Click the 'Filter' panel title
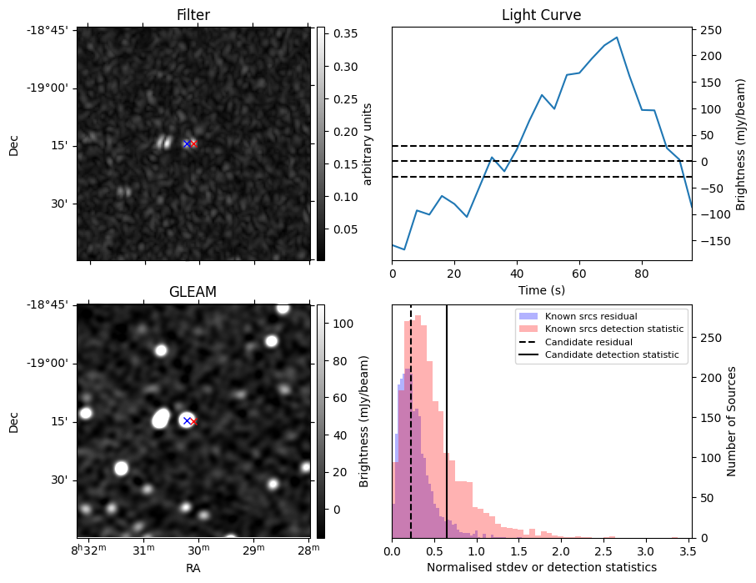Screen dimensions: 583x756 tap(193, 15)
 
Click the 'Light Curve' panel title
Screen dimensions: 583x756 tap(541, 15)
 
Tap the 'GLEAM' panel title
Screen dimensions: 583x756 tap(193, 292)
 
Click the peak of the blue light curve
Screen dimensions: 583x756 tap(617, 38)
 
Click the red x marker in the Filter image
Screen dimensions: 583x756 tap(193, 144)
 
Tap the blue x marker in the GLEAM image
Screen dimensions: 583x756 tap(187, 420)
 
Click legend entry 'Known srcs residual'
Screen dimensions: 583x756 tap(590, 317)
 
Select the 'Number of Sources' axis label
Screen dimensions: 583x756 tap(732, 421)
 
